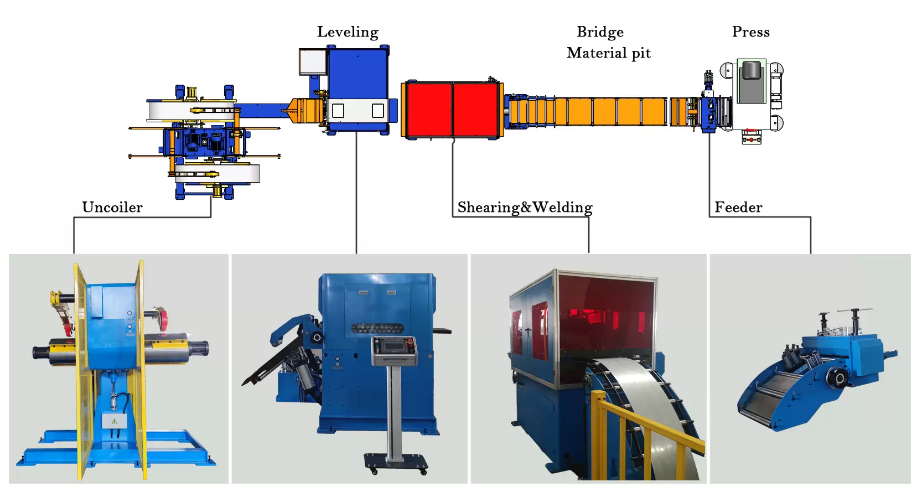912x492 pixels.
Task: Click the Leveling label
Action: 348,32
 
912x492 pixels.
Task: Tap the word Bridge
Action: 600,32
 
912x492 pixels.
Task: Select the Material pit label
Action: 608,53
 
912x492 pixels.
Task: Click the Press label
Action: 750,32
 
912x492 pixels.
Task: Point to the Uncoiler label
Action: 112,208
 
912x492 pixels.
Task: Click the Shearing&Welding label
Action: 525,208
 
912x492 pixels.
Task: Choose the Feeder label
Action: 738,208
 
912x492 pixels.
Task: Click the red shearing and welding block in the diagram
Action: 452,110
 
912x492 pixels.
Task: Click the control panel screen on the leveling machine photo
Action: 394,345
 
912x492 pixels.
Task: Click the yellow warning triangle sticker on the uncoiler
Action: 115,421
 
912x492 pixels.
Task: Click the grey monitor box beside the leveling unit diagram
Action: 312,61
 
